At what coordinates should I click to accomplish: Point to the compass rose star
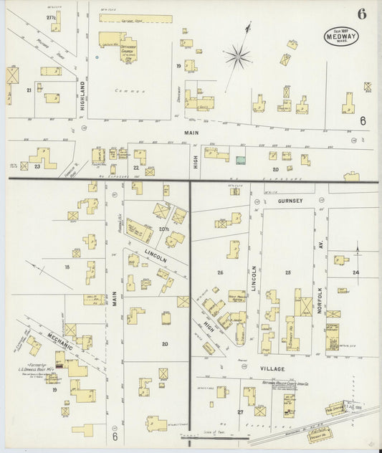click(238, 54)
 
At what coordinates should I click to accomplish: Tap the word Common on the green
click(130, 91)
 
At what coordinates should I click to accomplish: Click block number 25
click(288, 272)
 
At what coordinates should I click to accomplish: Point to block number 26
click(220, 272)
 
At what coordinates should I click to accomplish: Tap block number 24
click(355, 272)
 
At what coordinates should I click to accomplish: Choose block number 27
click(240, 411)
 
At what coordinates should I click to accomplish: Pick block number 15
click(67, 267)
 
